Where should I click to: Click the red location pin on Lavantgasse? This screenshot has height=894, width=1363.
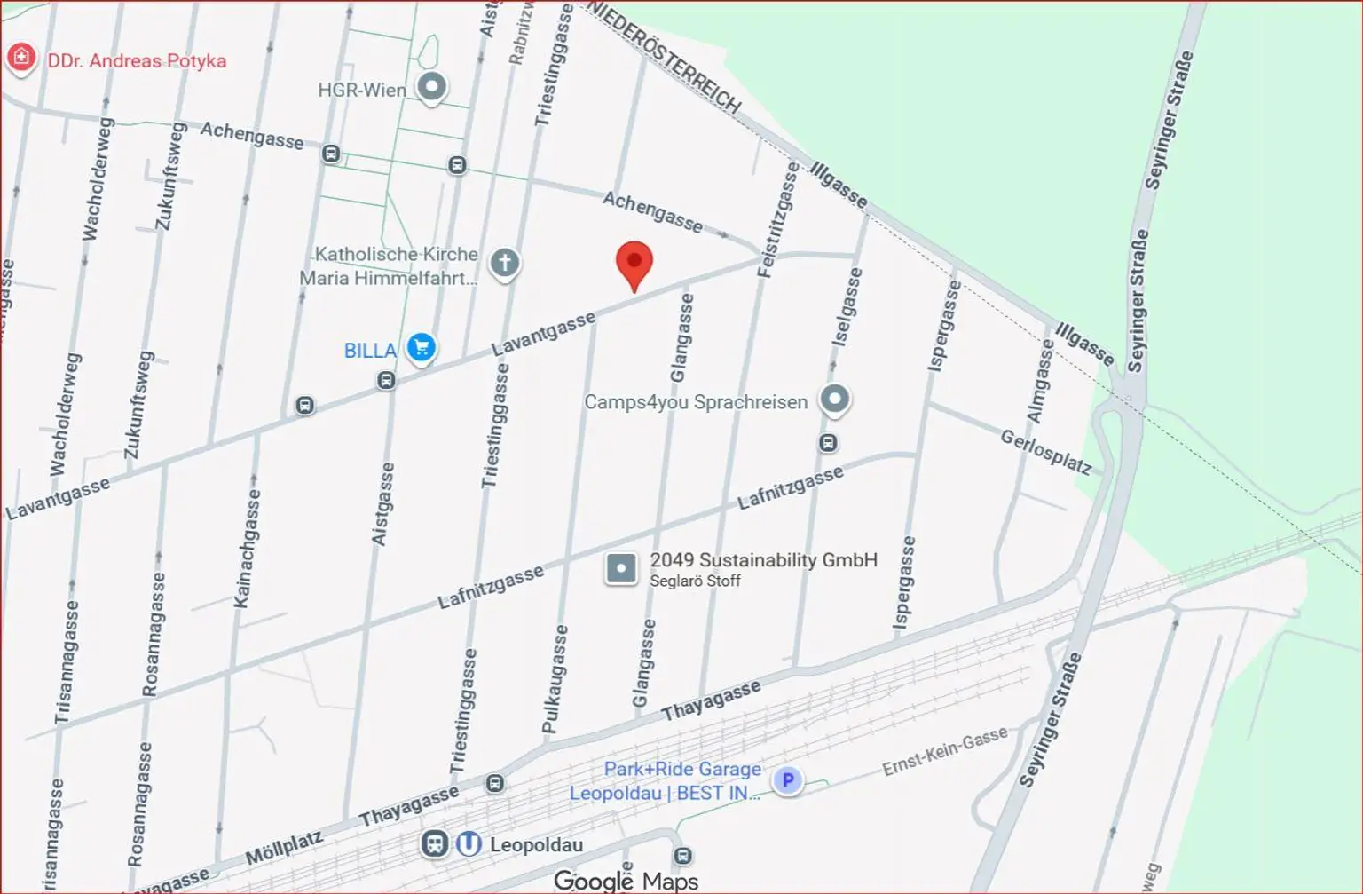click(634, 263)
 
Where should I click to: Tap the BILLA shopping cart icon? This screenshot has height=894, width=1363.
click(422, 347)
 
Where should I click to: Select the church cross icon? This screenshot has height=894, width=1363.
click(505, 263)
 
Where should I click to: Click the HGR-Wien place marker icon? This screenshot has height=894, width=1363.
click(432, 88)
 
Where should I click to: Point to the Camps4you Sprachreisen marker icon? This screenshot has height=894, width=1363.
click(834, 400)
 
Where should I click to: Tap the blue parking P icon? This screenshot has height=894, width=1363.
click(787, 780)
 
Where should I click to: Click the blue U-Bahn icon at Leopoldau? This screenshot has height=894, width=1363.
click(469, 844)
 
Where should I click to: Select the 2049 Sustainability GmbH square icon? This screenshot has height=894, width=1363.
click(621, 568)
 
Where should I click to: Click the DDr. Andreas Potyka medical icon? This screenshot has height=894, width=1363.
click(20, 59)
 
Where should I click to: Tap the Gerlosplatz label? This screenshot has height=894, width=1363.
click(1045, 452)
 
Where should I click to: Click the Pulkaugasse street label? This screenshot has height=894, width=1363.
click(555, 679)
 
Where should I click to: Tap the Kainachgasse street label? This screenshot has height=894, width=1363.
click(248, 549)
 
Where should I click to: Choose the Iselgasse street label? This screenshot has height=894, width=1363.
click(847, 307)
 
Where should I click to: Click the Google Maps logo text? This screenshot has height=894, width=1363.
click(626, 881)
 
